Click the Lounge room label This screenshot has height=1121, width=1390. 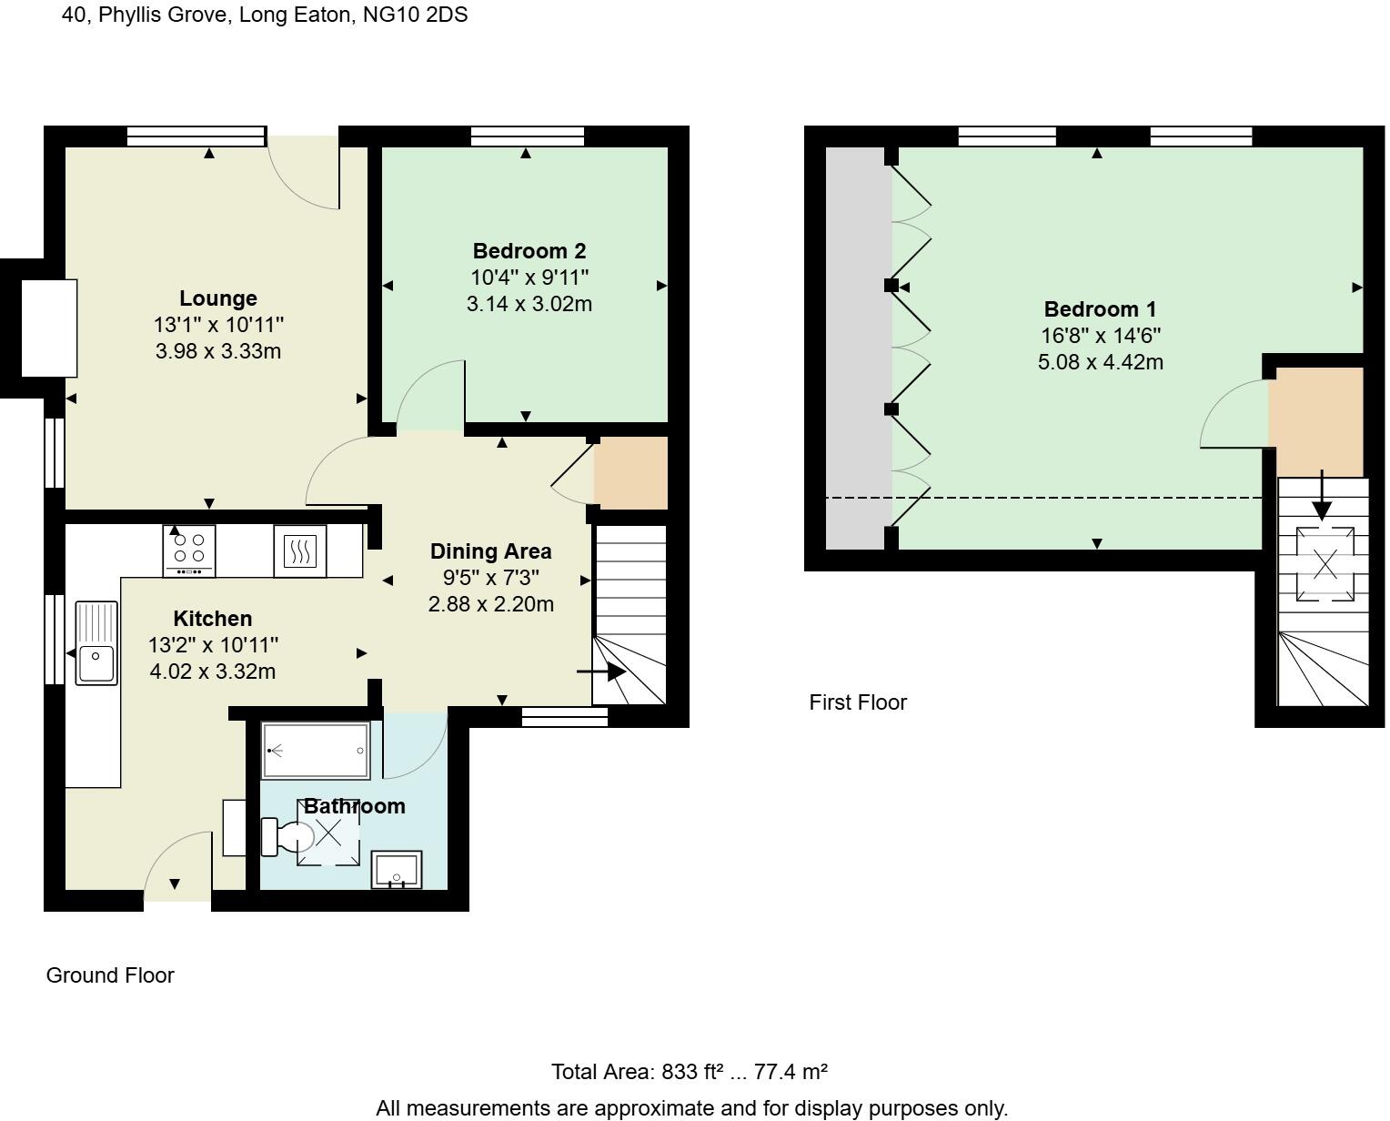(x=218, y=298)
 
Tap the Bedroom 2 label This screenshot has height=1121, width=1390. (x=529, y=251)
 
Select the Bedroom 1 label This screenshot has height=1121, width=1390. (x=1100, y=308)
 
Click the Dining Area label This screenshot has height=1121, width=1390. (x=491, y=551)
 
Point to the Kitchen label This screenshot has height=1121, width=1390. (x=213, y=619)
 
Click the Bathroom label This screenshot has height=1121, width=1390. (x=355, y=805)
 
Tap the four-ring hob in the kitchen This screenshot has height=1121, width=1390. (x=189, y=550)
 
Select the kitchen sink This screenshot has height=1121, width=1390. (x=96, y=643)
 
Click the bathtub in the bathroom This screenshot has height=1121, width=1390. (x=316, y=751)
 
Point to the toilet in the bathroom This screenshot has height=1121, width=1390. (x=287, y=837)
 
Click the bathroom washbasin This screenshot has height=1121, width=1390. (x=397, y=870)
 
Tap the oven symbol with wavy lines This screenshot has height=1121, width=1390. (x=299, y=551)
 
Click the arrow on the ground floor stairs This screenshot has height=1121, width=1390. (x=601, y=672)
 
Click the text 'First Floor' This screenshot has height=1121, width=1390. (x=858, y=702)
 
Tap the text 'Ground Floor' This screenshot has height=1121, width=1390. (x=110, y=975)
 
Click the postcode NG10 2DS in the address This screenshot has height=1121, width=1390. (x=416, y=15)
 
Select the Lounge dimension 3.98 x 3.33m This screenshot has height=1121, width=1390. (x=218, y=351)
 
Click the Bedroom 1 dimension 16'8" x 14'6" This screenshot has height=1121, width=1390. (x=1101, y=336)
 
